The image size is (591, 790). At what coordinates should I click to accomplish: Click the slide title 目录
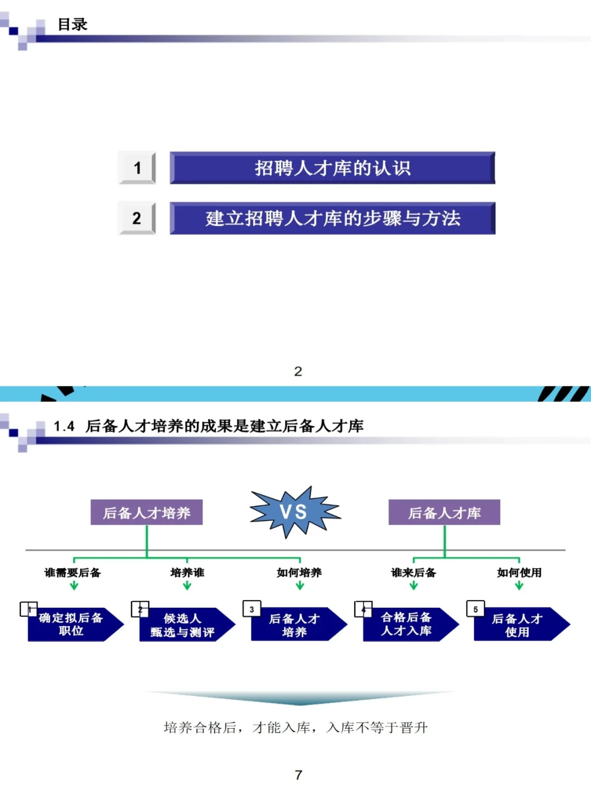tap(72, 25)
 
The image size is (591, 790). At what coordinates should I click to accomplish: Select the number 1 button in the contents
tap(137, 168)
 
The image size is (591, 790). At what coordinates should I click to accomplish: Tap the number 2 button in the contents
tap(137, 218)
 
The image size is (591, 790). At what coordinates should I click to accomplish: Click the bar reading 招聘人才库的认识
tap(332, 168)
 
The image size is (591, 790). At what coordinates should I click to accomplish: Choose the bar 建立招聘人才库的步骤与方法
tap(332, 218)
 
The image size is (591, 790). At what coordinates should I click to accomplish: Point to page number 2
tap(298, 371)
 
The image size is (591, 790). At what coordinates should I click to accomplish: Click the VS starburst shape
tap(294, 512)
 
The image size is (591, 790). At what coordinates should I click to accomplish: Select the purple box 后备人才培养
tap(147, 512)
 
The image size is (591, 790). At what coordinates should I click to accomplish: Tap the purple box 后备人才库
tap(444, 512)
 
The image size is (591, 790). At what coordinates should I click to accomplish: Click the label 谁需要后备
tap(73, 573)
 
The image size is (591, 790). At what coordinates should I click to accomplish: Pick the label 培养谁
tap(187, 573)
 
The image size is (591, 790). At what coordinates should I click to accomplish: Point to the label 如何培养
tap(299, 573)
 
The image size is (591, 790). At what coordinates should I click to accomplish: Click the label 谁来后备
tap(414, 573)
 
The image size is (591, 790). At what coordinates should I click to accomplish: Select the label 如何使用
tap(519, 573)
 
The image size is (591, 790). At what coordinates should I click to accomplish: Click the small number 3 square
tap(252, 609)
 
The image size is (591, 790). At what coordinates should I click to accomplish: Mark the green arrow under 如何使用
tap(519, 585)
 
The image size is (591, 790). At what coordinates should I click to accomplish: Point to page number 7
tap(298, 775)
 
